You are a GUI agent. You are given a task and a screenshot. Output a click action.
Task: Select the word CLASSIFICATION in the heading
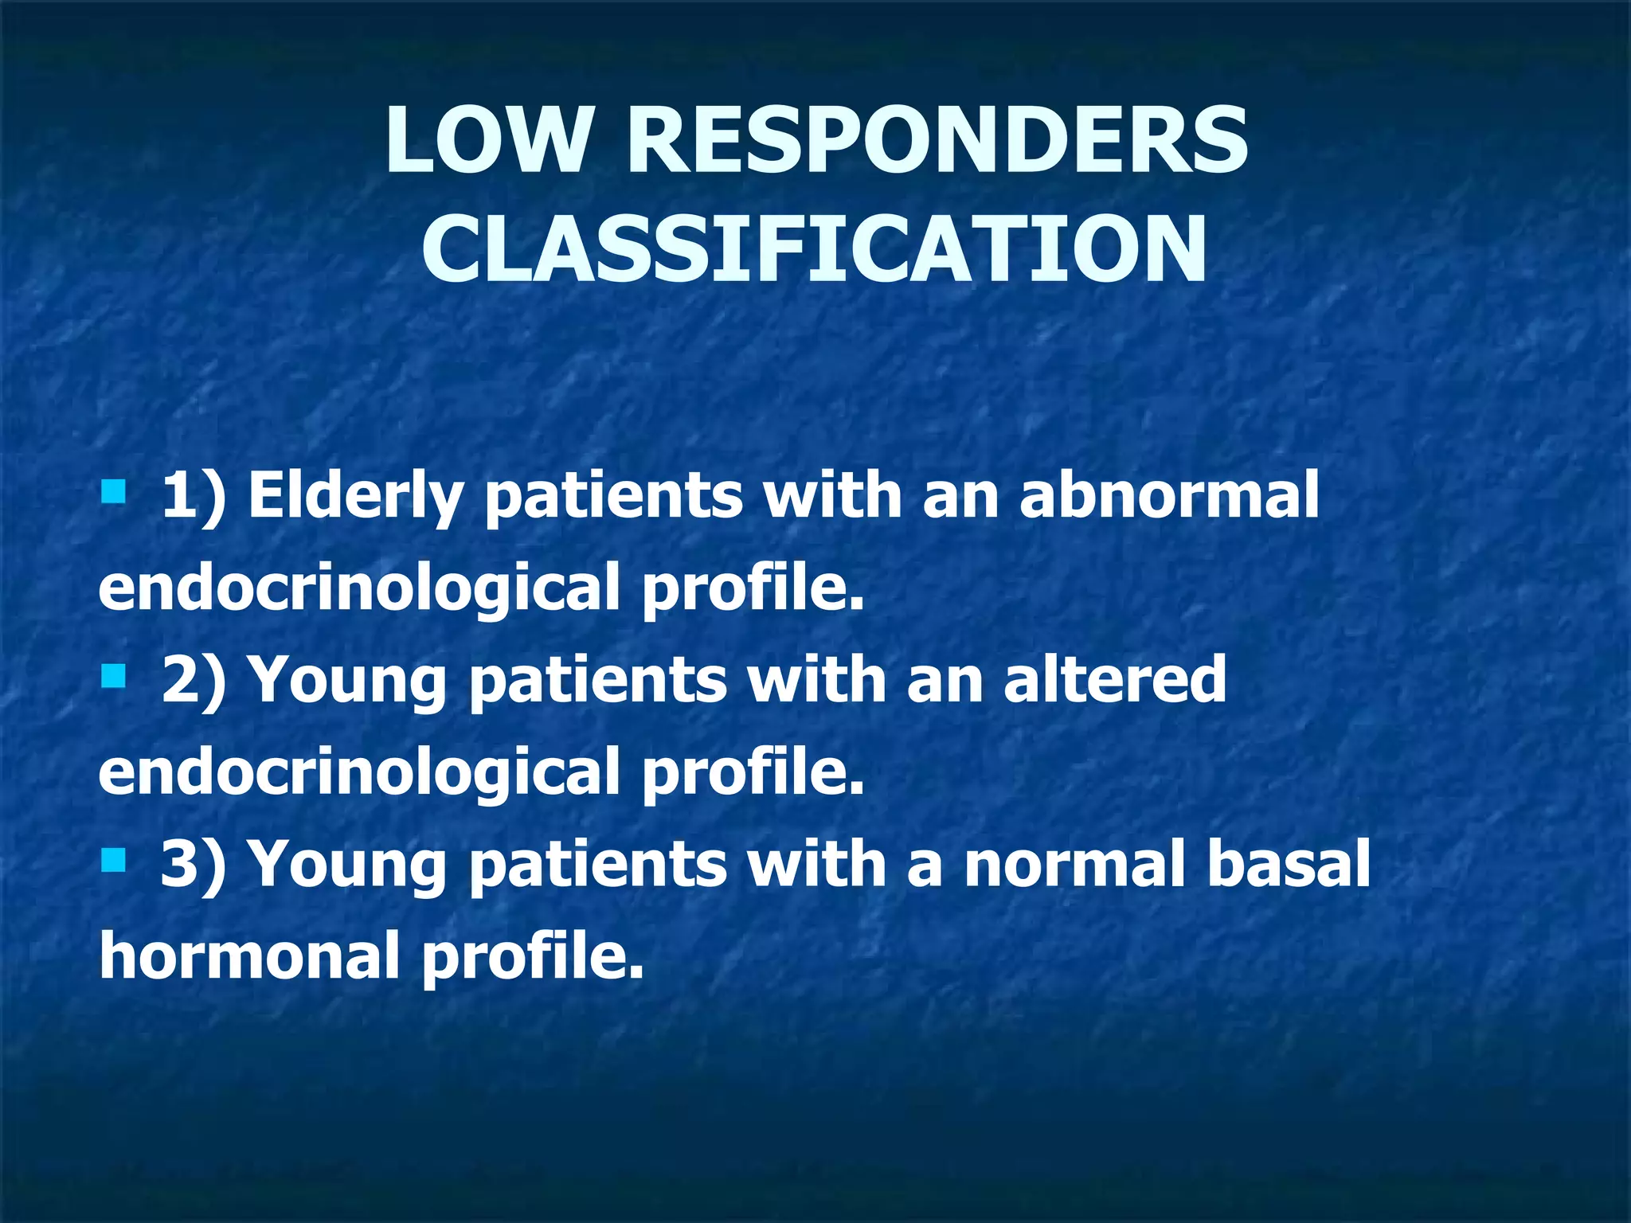(814, 250)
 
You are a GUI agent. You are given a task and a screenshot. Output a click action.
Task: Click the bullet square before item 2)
(114, 677)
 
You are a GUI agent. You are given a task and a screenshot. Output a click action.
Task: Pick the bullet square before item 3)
(114, 860)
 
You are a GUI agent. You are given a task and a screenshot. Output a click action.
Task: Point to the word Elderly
(354, 497)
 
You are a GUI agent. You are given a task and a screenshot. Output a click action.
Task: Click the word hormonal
(248, 955)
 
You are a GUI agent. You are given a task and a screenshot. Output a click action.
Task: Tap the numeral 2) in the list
(193, 681)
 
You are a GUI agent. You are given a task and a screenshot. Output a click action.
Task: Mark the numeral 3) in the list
(193, 865)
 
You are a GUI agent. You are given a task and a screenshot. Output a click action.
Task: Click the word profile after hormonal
(531, 956)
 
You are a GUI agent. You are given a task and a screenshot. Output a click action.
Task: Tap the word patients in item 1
(613, 498)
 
